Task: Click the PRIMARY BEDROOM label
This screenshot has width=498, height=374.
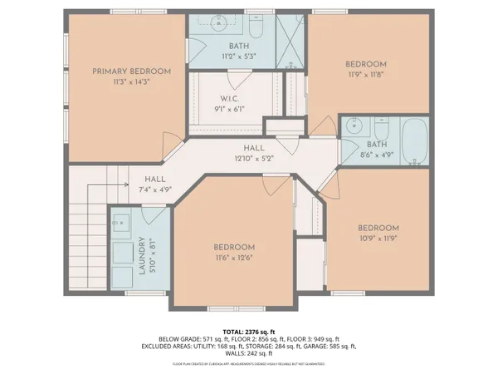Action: click(131, 71)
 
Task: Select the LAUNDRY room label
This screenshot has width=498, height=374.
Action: click(142, 256)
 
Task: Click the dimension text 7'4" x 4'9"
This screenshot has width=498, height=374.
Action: click(155, 189)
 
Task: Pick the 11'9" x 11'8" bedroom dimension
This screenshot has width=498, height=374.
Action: click(365, 75)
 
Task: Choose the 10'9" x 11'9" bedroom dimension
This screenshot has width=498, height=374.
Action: click(378, 239)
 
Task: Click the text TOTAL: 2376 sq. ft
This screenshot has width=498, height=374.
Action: click(248, 331)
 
